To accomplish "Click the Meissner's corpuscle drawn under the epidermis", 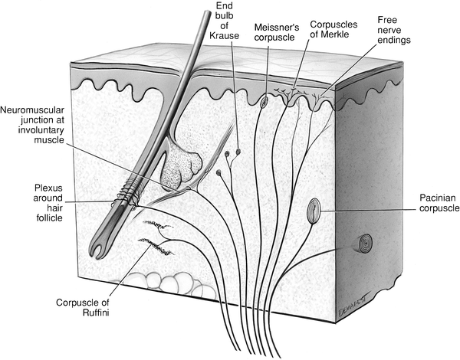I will click(264, 101).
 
